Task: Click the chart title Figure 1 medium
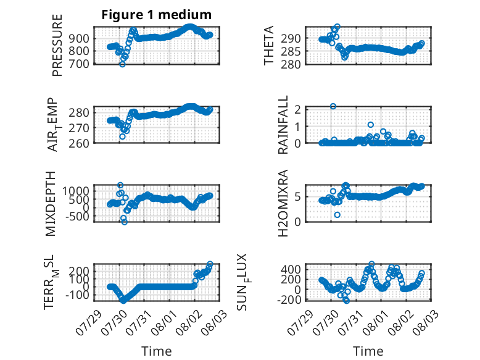pos(157,15)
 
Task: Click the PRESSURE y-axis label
pos(57,45)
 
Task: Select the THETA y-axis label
pos(268,45)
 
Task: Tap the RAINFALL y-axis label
pos(283,124)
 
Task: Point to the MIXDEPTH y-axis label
pos(51,203)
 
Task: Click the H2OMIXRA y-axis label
pos(283,203)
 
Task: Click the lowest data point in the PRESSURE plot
pos(122,64)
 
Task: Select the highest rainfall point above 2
pos(333,106)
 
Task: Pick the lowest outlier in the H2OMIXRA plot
pos(337,215)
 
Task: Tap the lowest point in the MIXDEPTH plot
pos(124,222)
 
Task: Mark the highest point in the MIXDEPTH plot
pos(120,185)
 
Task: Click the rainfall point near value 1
pos(371,125)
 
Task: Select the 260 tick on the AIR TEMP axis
pos(79,143)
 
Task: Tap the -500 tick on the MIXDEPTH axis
pos(77,216)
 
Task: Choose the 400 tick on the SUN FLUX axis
pos(291,269)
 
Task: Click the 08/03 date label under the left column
pos(215,320)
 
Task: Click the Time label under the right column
pos(368,351)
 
